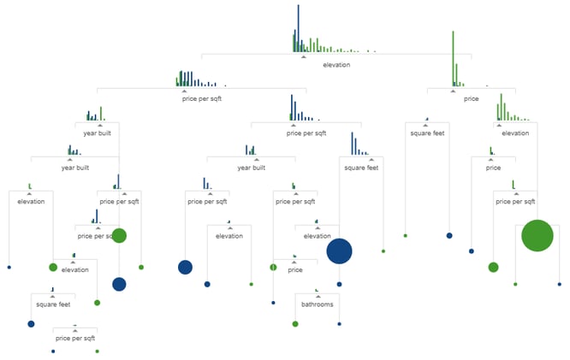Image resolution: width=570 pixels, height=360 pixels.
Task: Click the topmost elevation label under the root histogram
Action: click(x=336, y=65)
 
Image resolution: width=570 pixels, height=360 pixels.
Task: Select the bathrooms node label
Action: click(x=317, y=304)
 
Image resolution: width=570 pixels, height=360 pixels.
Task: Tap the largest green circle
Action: click(x=537, y=236)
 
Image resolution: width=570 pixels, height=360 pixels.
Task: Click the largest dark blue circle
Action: click(x=339, y=251)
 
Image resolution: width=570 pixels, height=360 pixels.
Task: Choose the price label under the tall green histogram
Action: click(x=471, y=99)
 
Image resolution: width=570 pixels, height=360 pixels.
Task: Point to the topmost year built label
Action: click(x=97, y=133)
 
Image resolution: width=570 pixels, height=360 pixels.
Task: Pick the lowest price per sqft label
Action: click(x=75, y=339)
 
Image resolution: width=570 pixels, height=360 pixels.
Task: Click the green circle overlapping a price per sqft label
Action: click(x=119, y=236)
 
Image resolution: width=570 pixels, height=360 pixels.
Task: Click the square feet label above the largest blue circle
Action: click(x=361, y=168)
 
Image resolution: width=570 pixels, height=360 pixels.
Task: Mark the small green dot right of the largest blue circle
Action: click(x=383, y=251)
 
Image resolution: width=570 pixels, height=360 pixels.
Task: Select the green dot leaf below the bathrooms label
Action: click(x=295, y=324)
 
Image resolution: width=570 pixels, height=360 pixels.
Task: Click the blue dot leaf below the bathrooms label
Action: click(x=340, y=324)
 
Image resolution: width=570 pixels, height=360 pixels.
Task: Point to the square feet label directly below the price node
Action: click(x=425, y=133)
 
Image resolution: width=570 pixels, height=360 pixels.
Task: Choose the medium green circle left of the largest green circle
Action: click(x=493, y=268)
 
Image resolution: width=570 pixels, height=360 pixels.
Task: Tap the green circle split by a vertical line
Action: click(x=273, y=268)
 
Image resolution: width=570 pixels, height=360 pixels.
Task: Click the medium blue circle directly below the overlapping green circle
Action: click(x=119, y=284)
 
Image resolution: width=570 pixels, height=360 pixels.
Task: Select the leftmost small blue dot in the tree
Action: click(x=9, y=268)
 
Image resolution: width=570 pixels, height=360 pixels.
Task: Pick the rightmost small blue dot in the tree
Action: click(x=560, y=284)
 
